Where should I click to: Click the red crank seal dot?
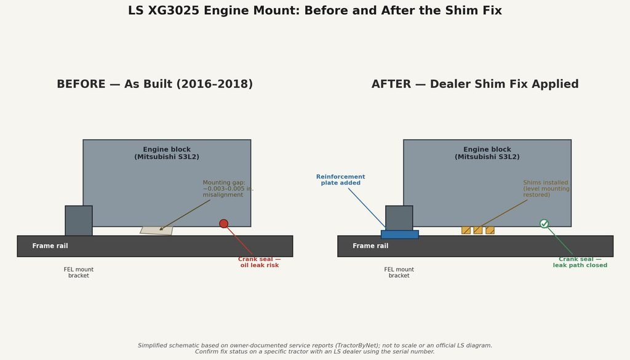pos(224,224)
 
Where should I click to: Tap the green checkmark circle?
pos(544,224)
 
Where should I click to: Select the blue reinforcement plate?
pos(400,234)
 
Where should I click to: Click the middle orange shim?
pos(477,230)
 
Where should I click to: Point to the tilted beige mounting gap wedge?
pos(157,231)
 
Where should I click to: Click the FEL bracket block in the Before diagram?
pos(79,220)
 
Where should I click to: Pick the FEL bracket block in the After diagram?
pos(399,218)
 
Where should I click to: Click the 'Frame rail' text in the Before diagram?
pos(50,246)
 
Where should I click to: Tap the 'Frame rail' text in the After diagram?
pos(370,246)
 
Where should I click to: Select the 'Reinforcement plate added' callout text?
pos(341,180)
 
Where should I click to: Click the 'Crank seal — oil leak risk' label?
pos(260,262)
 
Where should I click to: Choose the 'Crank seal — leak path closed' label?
pos(580,262)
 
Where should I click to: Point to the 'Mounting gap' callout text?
pos(228,188)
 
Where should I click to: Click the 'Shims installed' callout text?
pos(546,188)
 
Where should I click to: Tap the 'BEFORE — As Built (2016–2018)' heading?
pos(154,84)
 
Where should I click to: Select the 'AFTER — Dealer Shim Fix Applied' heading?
pos(475,84)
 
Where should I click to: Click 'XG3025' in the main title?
pos(173,10)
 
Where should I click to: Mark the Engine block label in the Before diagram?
pos(167,153)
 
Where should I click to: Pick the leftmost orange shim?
pos(466,230)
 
